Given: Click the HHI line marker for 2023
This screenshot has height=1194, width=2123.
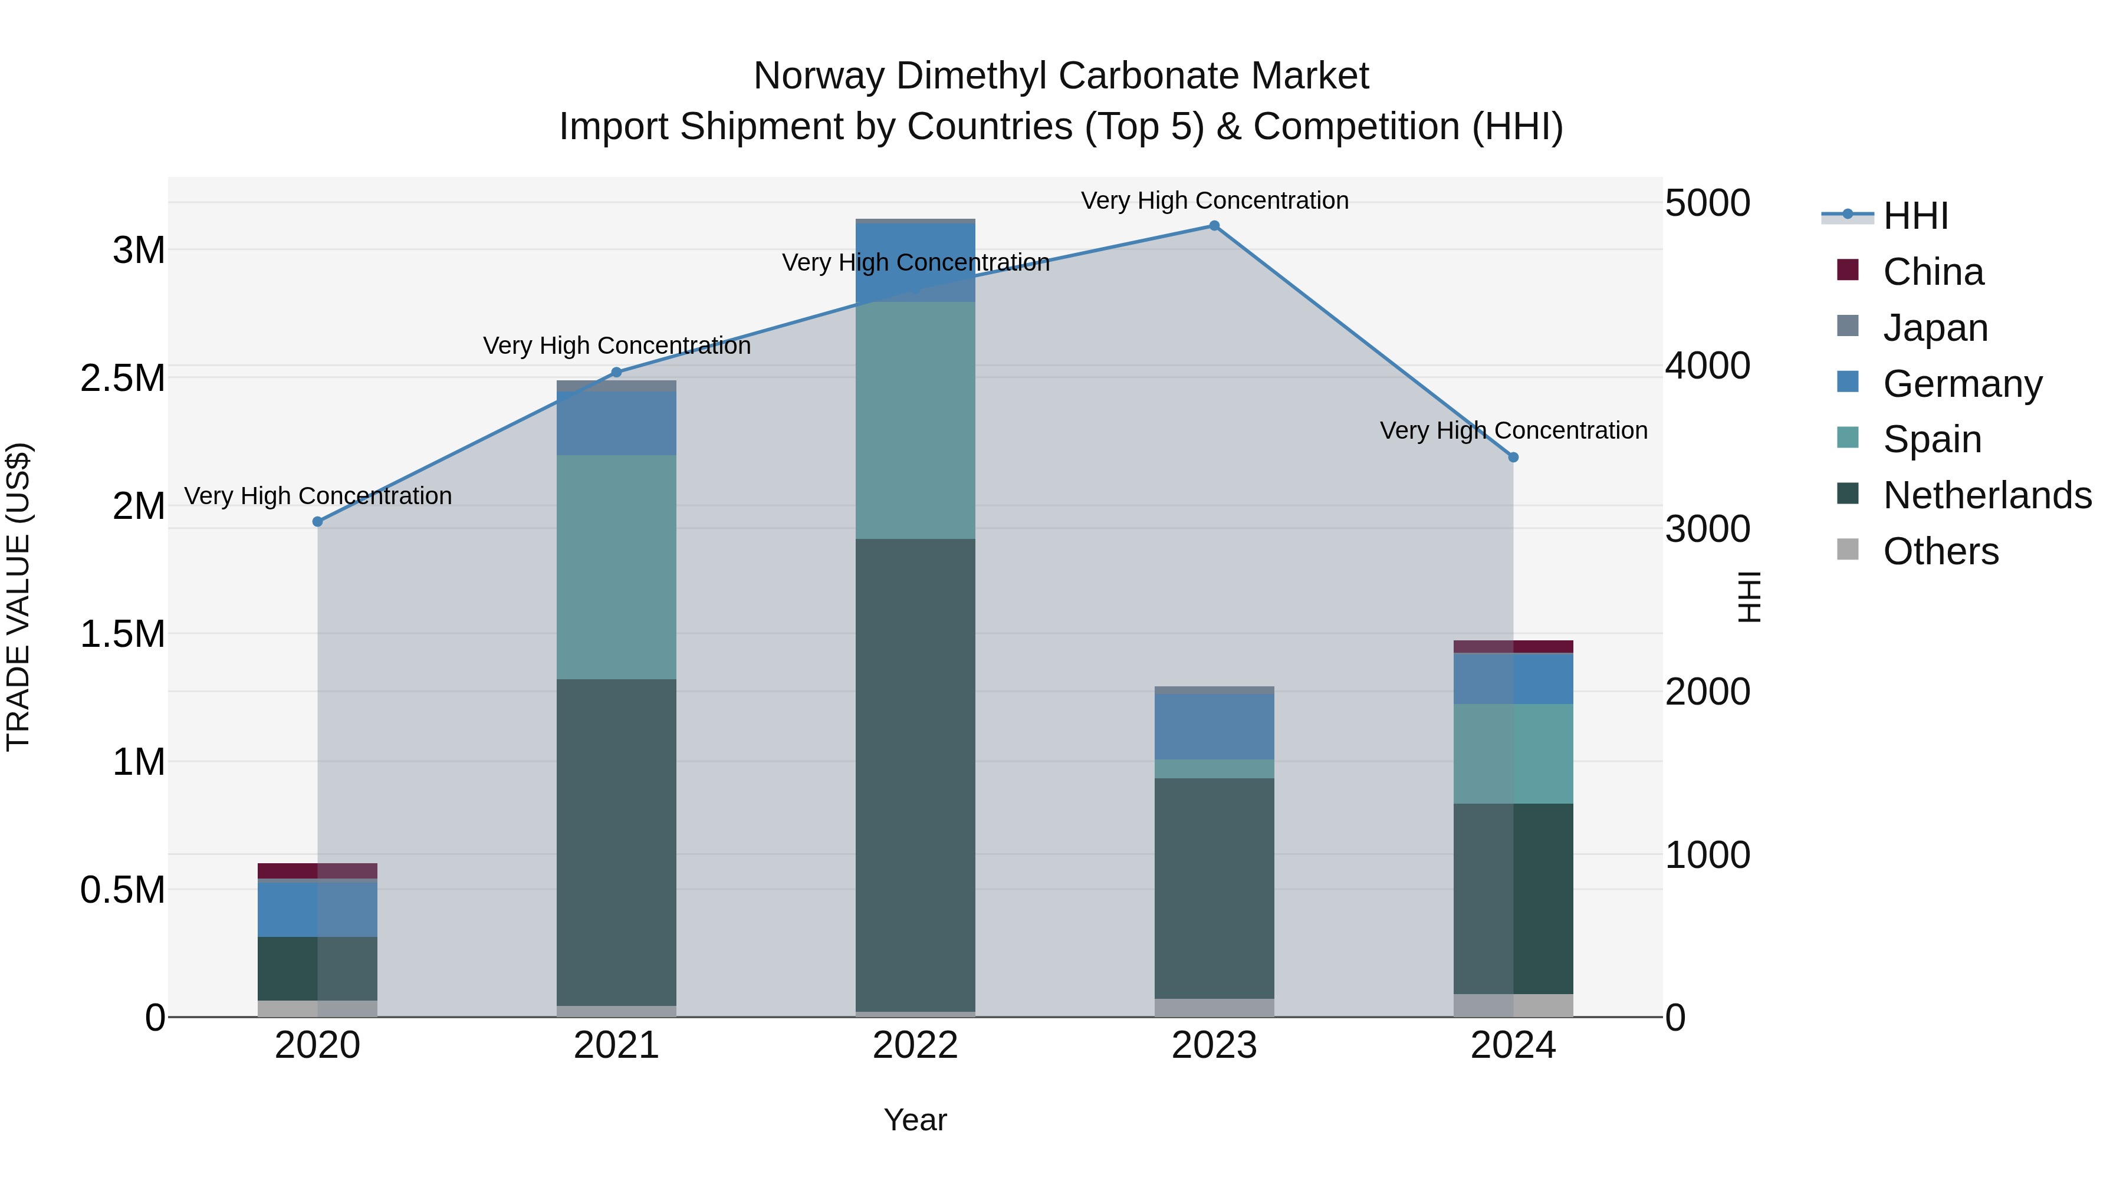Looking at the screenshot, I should pyautogui.click(x=1214, y=226).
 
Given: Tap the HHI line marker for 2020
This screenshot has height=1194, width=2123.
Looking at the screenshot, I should pyautogui.click(x=318, y=522).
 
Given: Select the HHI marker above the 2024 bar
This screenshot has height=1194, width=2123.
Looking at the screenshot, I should pyautogui.click(x=1513, y=458).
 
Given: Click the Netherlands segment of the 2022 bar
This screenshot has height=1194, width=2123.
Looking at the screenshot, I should pyautogui.click(x=916, y=775).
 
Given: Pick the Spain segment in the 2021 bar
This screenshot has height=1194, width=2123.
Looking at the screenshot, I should pyautogui.click(x=616, y=567).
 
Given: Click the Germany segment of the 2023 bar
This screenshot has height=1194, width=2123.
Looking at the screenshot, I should pyautogui.click(x=1214, y=726).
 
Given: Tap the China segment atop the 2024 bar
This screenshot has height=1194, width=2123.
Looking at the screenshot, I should pyautogui.click(x=1513, y=647).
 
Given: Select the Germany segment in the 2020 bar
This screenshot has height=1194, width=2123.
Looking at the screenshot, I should pyautogui.click(x=318, y=909).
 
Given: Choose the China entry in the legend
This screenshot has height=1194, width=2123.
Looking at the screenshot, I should pyautogui.click(x=1933, y=272).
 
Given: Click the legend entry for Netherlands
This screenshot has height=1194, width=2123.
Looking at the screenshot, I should pyautogui.click(x=1987, y=495).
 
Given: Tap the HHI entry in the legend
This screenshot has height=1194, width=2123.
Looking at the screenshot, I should pyautogui.click(x=1915, y=216).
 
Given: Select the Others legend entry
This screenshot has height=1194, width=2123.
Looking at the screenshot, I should pyautogui.click(x=1941, y=551).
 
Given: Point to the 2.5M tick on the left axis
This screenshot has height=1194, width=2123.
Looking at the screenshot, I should pyautogui.click(x=123, y=378).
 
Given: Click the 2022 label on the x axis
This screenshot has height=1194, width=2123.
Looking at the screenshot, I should pyautogui.click(x=916, y=1045).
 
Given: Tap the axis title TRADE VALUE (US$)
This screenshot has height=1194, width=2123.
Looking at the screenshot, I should pyautogui.click(x=18, y=597).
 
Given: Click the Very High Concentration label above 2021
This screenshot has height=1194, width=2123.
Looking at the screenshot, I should pyautogui.click(x=616, y=346).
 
